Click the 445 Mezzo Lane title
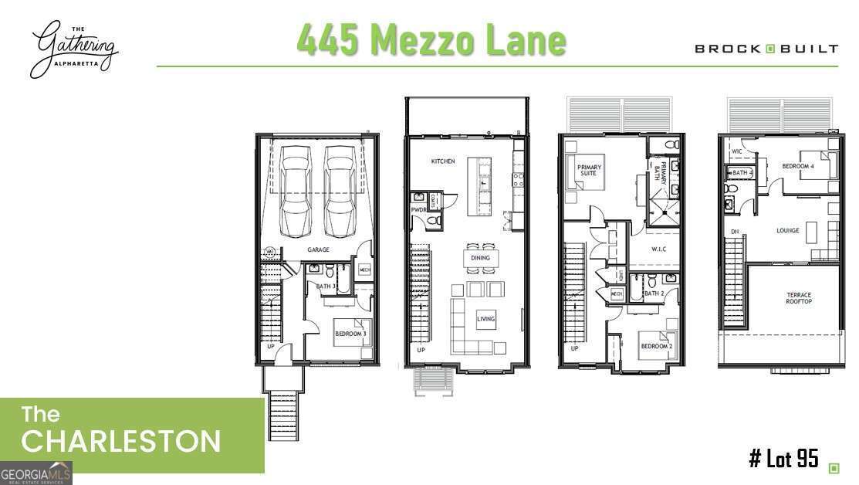click(x=431, y=39)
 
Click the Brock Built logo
click(x=766, y=49)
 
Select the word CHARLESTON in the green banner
click(x=120, y=442)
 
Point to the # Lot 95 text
click(x=783, y=459)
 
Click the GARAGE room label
click(x=318, y=249)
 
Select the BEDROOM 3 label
click(x=350, y=334)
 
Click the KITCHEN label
click(x=443, y=161)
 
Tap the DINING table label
click(x=480, y=258)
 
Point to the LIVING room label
click(x=485, y=319)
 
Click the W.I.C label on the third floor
click(x=658, y=249)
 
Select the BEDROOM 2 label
click(x=656, y=347)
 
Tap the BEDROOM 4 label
click(x=796, y=167)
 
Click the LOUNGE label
click(x=787, y=230)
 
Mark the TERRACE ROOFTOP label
click(x=799, y=298)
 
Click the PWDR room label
click(x=418, y=209)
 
